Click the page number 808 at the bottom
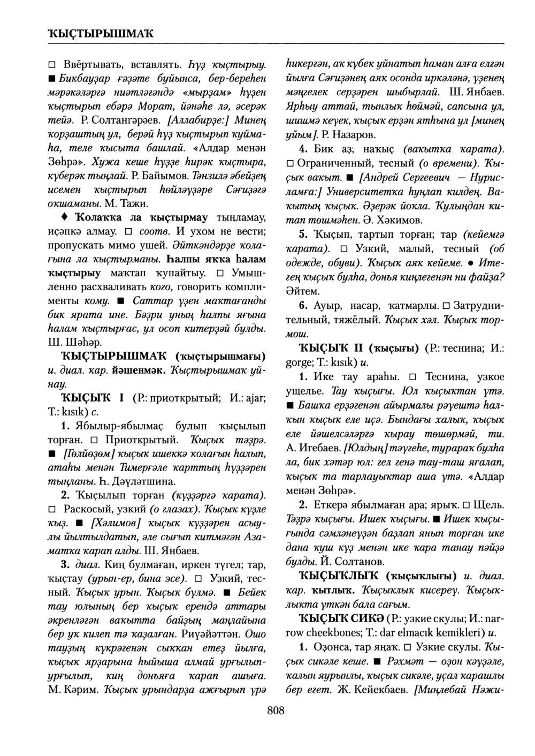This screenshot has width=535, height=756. [276, 711]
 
